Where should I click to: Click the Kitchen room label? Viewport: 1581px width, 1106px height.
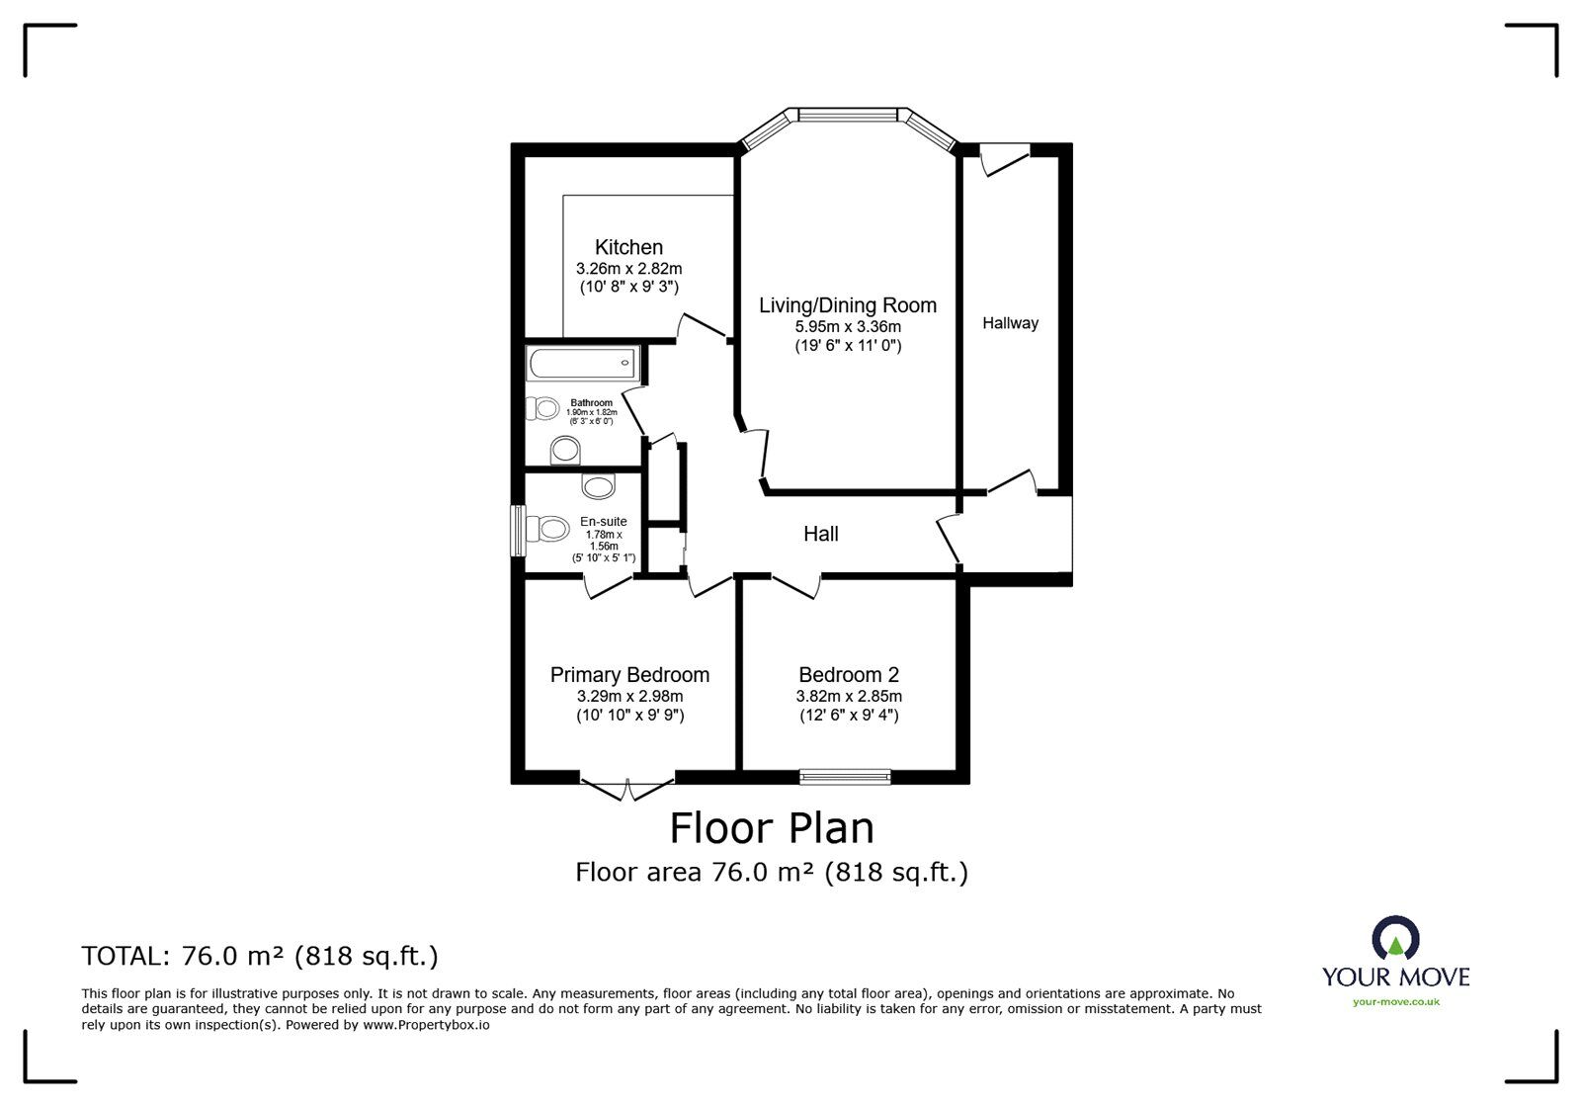(x=628, y=247)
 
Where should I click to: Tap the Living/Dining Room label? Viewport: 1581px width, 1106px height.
(x=847, y=305)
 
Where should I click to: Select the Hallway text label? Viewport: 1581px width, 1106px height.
(x=1010, y=323)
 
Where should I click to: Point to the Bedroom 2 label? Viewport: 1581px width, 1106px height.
(x=849, y=675)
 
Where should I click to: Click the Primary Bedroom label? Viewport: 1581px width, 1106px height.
(x=629, y=675)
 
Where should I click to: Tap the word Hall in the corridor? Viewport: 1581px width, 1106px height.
(x=820, y=534)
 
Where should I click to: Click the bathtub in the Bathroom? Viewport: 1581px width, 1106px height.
(x=583, y=364)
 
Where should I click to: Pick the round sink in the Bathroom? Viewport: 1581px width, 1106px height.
(x=565, y=451)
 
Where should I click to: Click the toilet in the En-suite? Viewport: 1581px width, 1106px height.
(x=548, y=529)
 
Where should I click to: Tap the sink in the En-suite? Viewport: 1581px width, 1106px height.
(x=598, y=485)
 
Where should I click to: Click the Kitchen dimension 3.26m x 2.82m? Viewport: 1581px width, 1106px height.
(x=628, y=268)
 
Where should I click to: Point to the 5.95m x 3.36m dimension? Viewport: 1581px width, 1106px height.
(x=847, y=326)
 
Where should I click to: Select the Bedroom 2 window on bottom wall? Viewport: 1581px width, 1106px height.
(x=845, y=777)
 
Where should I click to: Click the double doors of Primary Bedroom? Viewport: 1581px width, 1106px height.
(x=627, y=787)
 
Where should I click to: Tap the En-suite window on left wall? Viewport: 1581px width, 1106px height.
(x=517, y=530)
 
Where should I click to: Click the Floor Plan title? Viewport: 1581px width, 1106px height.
(x=772, y=827)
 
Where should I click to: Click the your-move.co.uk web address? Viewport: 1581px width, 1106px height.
(x=1395, y=1002)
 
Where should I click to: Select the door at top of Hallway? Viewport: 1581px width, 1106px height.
(x=1006, y=159)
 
